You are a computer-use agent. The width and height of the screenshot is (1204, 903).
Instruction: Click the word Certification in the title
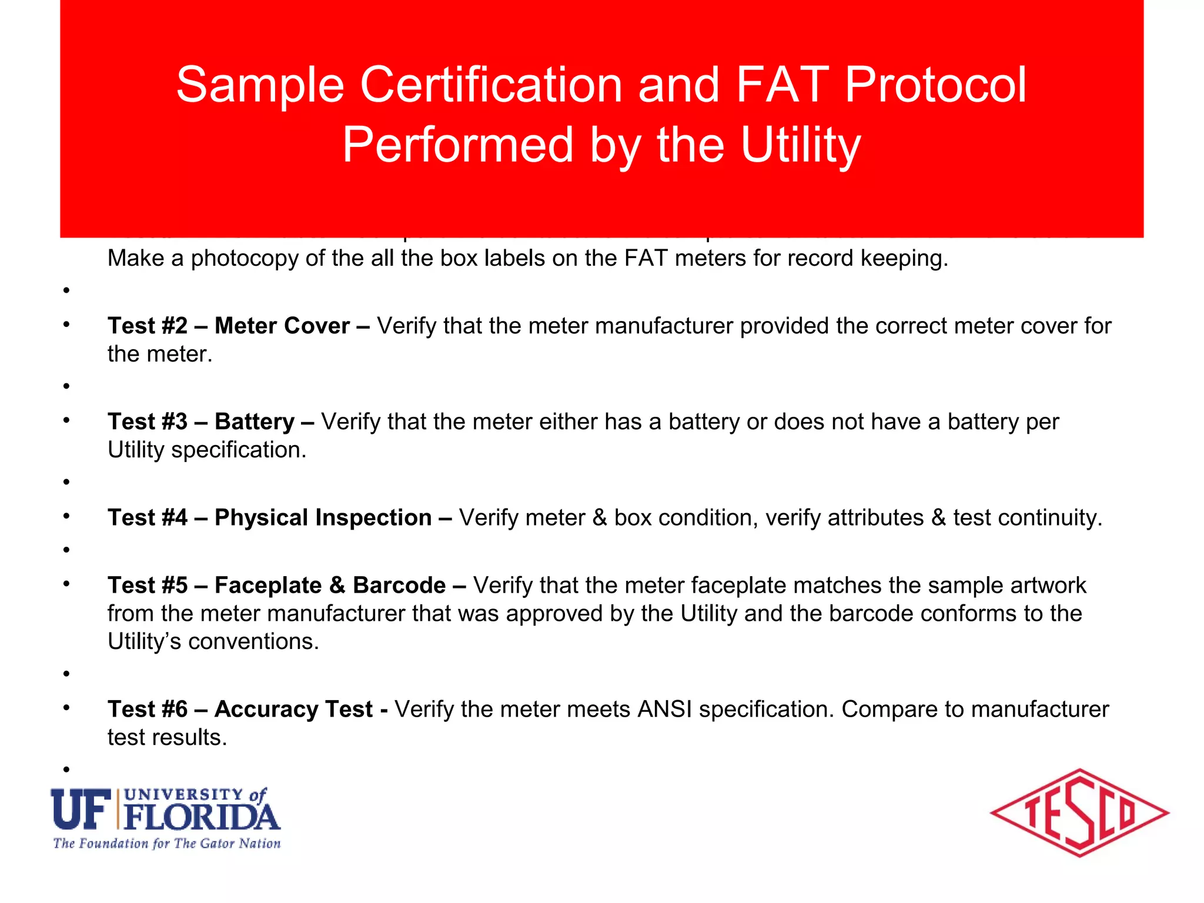(491, 85)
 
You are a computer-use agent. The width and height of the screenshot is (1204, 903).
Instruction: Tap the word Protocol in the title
(935, 85)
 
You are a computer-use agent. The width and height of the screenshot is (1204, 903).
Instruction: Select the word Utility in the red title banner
(801, 145)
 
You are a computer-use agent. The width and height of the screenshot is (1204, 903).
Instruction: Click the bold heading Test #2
(148, 326)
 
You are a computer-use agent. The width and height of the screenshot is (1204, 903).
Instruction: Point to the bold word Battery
(254, 422)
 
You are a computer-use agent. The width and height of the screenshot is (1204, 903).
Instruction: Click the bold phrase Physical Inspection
(323, 517)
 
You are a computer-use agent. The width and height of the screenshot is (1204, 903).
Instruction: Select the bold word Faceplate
(268, 585)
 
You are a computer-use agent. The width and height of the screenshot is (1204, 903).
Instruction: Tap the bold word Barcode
(399, 585)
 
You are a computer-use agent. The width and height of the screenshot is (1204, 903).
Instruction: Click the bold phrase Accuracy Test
(293, 709)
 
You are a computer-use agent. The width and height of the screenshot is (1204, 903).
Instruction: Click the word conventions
(253, 641)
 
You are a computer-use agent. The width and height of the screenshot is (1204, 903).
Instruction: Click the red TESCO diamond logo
(1079, 813)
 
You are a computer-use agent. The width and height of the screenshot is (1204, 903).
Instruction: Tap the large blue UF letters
(81, 809)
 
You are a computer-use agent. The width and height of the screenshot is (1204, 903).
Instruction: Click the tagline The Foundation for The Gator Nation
(167, 844)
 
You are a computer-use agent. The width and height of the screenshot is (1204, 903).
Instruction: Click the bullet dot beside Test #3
(67, 420)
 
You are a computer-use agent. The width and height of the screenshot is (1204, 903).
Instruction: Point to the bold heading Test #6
(148, 709)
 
